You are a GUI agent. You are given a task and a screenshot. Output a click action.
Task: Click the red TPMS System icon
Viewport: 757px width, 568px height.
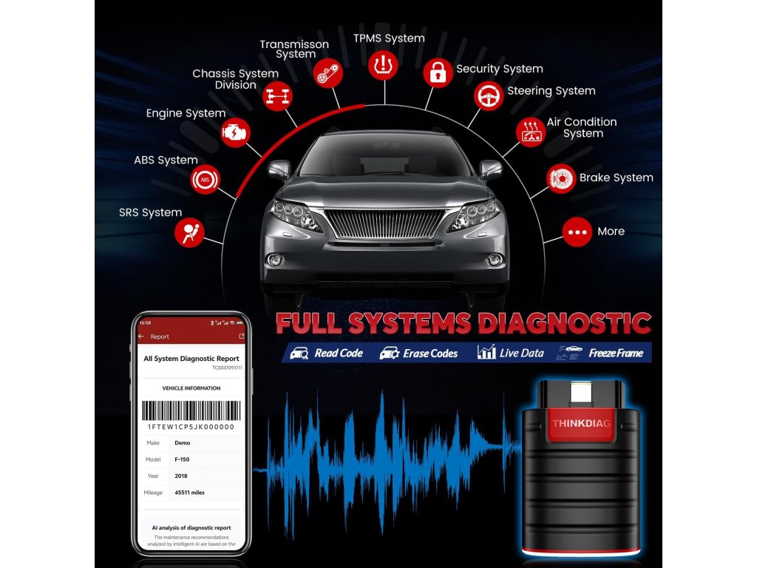pyautogui.click(x=383, y=64)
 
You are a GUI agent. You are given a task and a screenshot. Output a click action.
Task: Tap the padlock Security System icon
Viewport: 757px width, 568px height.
pyautogui.click(x=438, y=72)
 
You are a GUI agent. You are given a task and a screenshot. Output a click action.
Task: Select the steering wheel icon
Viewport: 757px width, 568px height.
pyautogui.click(x=488, y=95)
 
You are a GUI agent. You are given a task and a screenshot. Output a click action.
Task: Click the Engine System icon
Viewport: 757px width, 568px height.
pyautogui.click(x=236, y=132)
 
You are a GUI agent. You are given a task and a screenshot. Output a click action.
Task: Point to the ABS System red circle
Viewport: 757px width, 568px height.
pyautogui.click(x=205, y=179)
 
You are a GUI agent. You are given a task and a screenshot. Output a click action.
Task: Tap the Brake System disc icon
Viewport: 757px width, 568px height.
pyautogui.click(x=561, y=178)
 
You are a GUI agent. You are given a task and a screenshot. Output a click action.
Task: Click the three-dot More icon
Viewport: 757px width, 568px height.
pyautogui.click(x=577, y=232)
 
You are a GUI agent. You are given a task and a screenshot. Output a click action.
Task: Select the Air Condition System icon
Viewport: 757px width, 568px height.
pyautogui.click(x=530, y=132)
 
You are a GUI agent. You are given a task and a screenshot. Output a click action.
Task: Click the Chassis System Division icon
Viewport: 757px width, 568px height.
pyautogui.click(x=279, y=96)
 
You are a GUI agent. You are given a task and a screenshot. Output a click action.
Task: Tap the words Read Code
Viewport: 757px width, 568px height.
pyautogui.click(x=338, y=354)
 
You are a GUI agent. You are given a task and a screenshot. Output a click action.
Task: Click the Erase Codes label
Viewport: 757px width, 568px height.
pyautogui.click(x=430, y=354)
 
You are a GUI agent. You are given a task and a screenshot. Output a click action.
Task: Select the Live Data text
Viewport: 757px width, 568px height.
pyautogui.click(x=521, y=354)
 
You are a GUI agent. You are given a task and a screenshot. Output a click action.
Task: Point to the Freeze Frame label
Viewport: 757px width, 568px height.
pyautogui.click(x=616, y=354)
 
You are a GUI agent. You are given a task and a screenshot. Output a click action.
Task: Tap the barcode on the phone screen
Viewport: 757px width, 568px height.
pyautogui.click(x=191, y=410)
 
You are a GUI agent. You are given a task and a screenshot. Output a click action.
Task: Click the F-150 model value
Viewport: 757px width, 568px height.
pyautogui.click(x=182, y=459)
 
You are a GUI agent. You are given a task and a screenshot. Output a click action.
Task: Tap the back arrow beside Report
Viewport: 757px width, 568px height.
pyautogui.click(x=141, y=337)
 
